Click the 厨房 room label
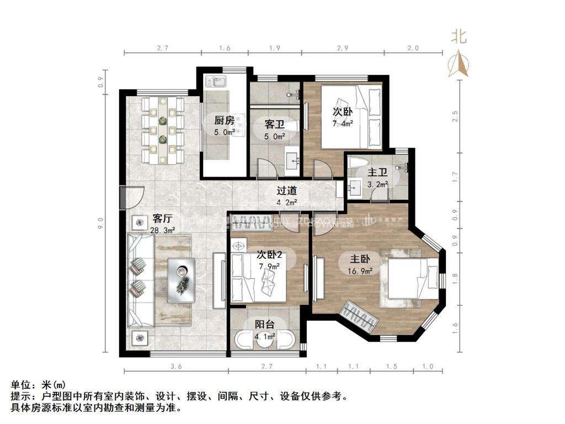[225, 120]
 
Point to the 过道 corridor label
[286, 190]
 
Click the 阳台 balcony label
[265, 325]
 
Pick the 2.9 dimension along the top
[342, 49]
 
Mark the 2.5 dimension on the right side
[455, 116]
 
